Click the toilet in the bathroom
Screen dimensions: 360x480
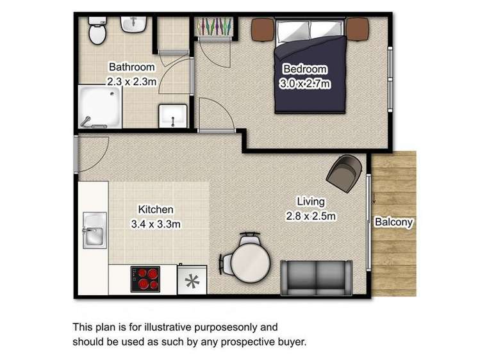(97, 31)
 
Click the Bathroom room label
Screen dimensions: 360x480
(131, 67)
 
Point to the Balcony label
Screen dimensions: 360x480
(393, 223)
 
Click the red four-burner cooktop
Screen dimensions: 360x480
(146, 279)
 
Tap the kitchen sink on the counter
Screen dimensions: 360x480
(94, 231)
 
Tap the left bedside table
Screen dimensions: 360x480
(263, 29)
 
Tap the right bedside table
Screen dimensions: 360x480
(358, 28)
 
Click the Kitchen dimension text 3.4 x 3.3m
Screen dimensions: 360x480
(156, 224)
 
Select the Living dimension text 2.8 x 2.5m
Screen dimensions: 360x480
(311, 216)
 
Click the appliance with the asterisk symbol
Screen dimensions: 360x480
(192, 280)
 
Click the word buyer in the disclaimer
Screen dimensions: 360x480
(294, 341)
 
